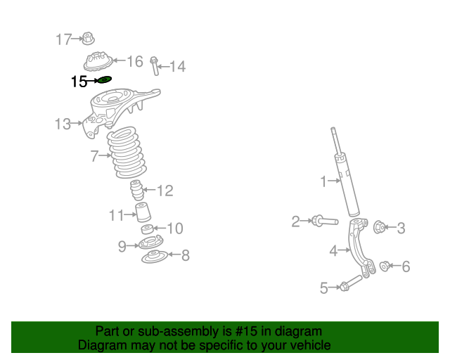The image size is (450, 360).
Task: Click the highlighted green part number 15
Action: click(104, 80)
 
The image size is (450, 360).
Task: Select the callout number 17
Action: click(64, 39)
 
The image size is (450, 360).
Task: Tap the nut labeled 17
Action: click(88, 39)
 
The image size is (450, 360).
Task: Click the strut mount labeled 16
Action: click(98, 61)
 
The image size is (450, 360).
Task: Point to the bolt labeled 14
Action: click(154, 65)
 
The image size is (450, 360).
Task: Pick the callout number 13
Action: click(63, 124)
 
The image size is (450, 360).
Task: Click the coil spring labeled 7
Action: click(127, 152)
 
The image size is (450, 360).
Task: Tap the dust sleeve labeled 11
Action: click(144, 214)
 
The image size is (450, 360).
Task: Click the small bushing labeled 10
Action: click(146, 230)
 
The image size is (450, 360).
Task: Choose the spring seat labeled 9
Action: click(150, 244)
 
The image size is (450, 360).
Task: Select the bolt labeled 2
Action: click(323, 222)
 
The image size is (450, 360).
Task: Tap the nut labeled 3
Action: click(378, 227)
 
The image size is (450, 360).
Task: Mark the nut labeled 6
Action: click(385, 266)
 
